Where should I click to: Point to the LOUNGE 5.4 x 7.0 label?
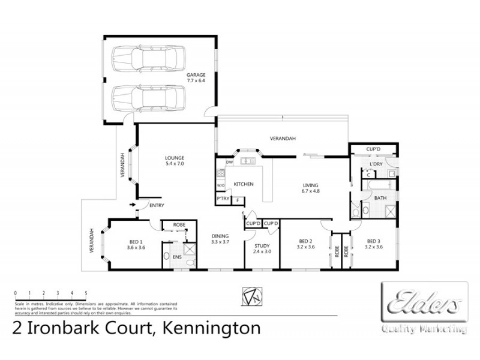pos(174,161)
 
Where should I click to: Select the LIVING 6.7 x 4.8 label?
pos(310,188)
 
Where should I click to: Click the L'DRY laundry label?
pos(376,164)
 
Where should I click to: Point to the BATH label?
pos(380,197)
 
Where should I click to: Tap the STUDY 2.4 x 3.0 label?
pos(262,248)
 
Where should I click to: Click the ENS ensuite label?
pos(176,257)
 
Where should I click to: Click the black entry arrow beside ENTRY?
pos(132,205)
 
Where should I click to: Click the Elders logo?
pos(425,302)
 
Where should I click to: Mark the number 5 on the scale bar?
pos(86,293)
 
